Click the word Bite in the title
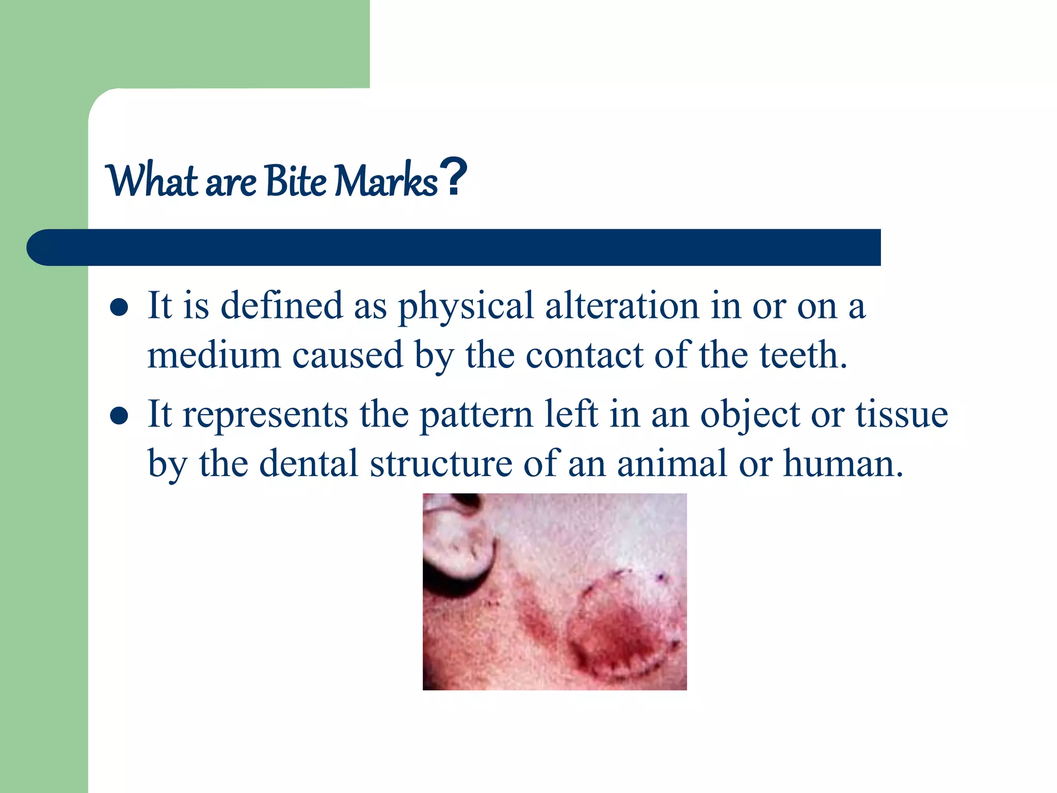tap(296, 181)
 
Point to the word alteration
tap(621, 306)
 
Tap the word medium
tap(214, 355)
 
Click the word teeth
tap(803, 355)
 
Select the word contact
tap(584, 356)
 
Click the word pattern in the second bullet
tap(476, 415)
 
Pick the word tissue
tap(902, 414)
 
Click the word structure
tap(441, 463)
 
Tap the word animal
tap(672, 463)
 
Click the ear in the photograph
tap(457, 547)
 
